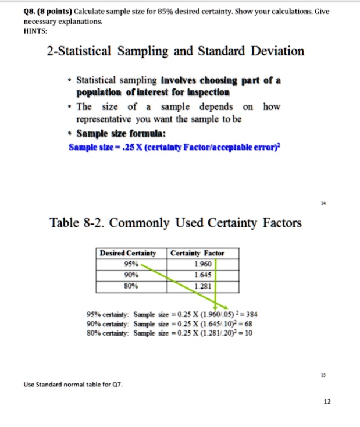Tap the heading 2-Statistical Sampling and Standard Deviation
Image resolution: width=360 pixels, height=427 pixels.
[x=175, y=51]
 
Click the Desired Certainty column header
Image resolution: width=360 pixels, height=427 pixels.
[x=129, y=253]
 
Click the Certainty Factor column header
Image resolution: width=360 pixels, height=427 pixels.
[x=197, y=253]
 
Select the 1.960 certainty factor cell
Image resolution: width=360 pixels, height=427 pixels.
[x=206, y=262]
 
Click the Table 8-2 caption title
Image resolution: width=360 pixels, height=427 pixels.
[x=176, y=222]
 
